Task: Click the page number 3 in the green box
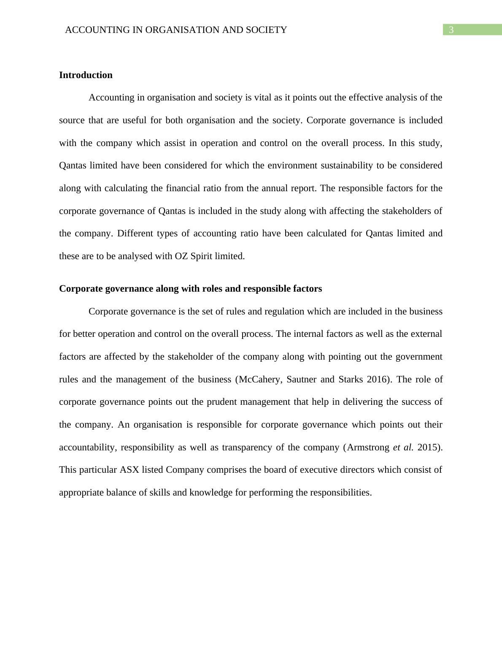click(451, 30)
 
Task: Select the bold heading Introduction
click(86, 75)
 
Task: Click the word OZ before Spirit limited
click(181, 256)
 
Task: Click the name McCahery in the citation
click(260, 379)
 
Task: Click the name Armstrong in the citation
click(368, 447)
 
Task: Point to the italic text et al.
click(403, 447)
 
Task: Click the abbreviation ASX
click(129, 470)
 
